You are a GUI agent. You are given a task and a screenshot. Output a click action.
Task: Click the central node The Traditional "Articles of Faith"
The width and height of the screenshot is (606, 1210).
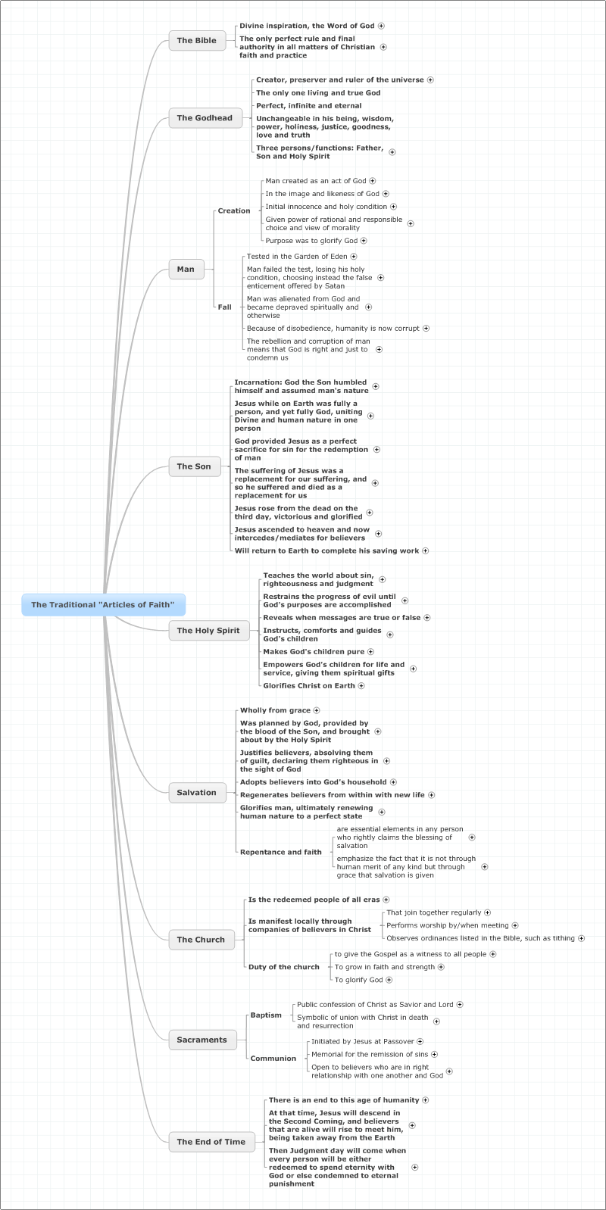[x=103, y=604]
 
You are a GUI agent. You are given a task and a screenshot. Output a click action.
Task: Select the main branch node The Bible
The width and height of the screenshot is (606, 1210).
[x=197, y=41]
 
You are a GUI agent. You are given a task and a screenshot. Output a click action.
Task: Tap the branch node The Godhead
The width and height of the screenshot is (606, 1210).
[x=205, y=118]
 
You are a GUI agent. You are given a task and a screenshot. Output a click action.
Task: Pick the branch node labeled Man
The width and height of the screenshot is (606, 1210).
[x=186, y=269]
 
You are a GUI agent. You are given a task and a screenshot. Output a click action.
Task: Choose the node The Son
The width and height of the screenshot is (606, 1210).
[x=194, y=466]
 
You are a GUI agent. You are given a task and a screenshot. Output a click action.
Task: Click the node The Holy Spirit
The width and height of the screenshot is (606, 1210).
[x=208, y=631]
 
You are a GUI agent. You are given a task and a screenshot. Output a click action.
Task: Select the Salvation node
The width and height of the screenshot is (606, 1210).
[x=197, y=793]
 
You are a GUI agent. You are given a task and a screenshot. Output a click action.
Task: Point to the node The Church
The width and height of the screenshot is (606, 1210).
[x=201, y=940]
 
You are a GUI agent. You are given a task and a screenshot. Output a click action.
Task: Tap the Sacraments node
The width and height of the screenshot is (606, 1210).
[x=202, y=1040]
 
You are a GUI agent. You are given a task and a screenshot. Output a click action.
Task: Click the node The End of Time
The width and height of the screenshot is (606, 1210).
[x=211, y=1141]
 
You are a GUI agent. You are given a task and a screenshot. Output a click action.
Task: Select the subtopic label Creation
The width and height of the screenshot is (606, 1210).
[x=234, y=211]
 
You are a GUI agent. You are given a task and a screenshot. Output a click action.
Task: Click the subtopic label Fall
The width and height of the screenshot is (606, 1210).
[x=225, y=307]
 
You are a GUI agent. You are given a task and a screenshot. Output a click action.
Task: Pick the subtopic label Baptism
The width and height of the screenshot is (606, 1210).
[x=266, y=1015]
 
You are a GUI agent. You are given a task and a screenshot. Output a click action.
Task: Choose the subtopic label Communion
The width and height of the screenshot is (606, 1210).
[x=273, y=1059]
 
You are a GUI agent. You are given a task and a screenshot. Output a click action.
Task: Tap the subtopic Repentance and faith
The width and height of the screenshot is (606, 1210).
[x=281, y=852]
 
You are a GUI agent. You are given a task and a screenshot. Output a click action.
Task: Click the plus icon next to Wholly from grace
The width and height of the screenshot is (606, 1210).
[x=317, y=710]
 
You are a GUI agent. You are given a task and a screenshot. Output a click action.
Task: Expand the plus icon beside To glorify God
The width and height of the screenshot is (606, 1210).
[x=389, y=980]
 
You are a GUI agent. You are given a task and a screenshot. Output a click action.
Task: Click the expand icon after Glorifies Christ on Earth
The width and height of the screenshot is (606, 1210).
[x=361, y=685]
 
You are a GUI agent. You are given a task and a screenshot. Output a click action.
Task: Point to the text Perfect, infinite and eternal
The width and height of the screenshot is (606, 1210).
[x=309, y=106]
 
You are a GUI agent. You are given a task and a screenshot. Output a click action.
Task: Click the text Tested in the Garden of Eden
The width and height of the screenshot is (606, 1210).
[x=298, y=257]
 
